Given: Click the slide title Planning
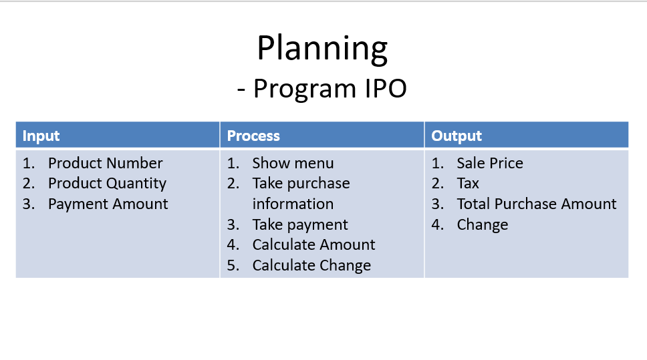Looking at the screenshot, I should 322,49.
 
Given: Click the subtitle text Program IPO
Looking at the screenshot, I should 330,88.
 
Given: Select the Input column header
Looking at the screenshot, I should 41,136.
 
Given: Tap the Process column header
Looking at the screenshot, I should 253,136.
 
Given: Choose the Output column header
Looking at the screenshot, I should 457,136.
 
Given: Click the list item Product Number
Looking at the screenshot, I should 105,163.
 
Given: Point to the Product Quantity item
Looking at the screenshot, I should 107,184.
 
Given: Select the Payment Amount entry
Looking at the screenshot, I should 108,204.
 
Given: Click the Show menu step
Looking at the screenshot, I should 293,163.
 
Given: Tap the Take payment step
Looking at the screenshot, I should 300,224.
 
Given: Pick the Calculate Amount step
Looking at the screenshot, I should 313,244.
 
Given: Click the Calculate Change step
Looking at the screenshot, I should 311,265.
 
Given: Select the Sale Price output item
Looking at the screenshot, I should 490,163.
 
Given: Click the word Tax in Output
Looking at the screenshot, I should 468,184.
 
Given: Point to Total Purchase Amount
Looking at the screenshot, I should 537,204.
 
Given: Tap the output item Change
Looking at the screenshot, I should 483,224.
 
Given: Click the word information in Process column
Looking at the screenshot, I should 293,204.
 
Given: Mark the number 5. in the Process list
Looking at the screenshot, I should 233,265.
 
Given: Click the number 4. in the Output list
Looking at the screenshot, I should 437,224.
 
